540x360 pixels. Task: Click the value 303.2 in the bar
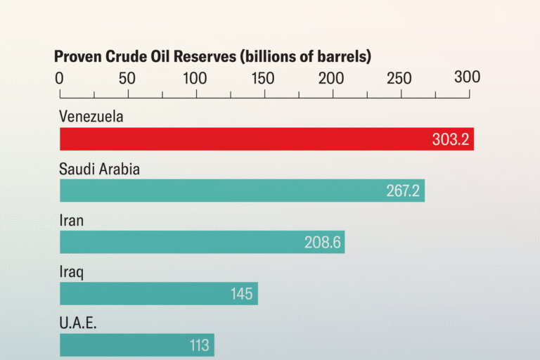click(x=451, y=139)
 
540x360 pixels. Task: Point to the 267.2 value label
click(x=403, y=191)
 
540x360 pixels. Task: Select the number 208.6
click(x=323, y=243)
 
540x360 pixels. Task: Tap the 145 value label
click(x=241, y=294)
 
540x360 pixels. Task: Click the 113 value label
click(x=199, y=345)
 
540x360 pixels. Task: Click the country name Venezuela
click(x=91, y=117)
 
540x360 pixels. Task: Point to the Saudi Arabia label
click(x=99, y=169)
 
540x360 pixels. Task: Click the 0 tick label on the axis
click(x=60, y=77)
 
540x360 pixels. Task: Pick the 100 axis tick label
click(x=195, y=77)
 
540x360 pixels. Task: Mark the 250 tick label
click(x=399, y=77)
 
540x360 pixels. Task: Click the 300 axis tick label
click(x=467, y=77)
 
